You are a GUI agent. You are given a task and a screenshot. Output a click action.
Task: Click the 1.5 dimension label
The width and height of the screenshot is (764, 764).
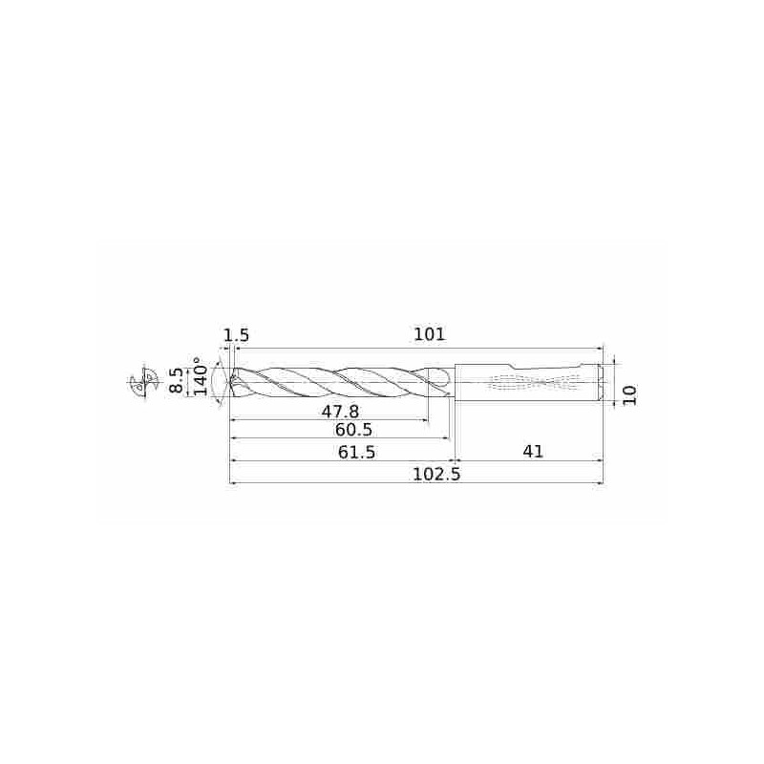click(x=236, y=335)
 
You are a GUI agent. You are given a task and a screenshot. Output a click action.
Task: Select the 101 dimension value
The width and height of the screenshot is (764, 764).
click(x=429, y=334)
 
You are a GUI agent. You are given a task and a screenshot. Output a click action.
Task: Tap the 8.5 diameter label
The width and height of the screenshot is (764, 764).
click(x=176, y=380)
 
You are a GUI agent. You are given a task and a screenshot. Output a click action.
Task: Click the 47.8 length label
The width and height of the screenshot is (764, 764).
click(x=340, y=412)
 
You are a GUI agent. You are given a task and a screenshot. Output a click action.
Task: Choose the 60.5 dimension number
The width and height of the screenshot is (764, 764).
click(x=353, y=430)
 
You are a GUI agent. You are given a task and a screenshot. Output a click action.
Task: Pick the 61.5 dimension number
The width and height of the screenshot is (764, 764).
click(x=356, y=452)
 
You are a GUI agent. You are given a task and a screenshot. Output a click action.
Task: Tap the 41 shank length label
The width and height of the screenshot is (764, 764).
click(x=533, y=452)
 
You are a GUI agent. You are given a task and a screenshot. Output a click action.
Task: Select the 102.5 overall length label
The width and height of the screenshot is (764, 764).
click(x=436, y=474)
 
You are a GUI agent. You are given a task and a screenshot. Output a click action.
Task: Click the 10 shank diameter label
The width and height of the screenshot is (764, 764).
click(x=629, y=394)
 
